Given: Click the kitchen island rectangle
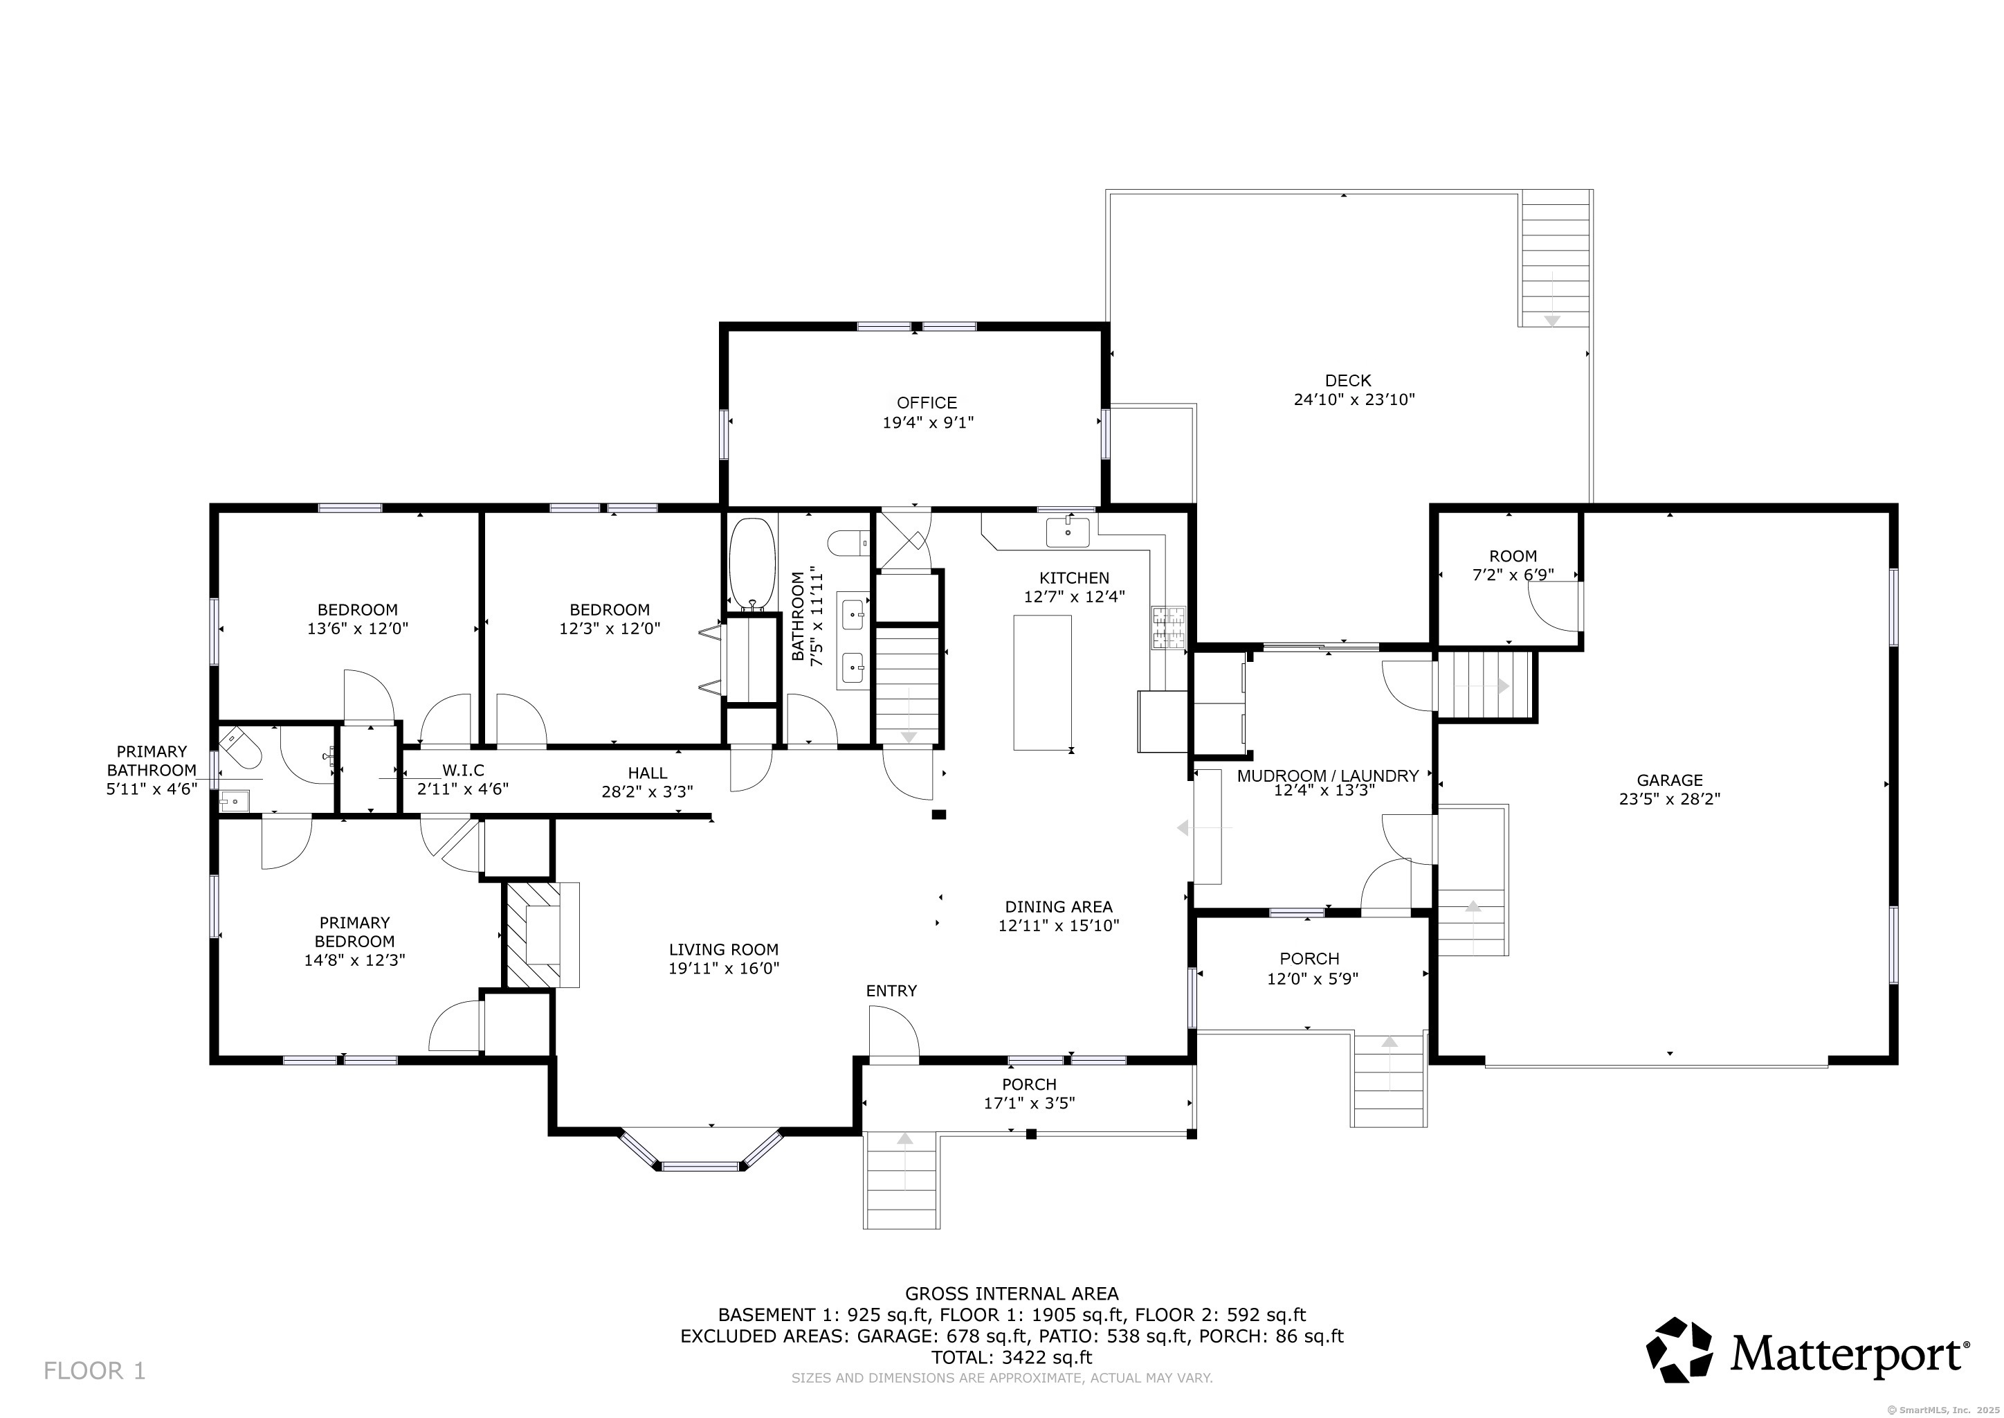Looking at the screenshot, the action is (1042, 682).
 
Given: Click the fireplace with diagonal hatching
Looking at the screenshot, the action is (542, 935).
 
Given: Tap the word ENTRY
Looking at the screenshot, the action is (891, 991).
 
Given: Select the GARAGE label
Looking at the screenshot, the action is (1670, 780).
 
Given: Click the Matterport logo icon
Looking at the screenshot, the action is (1679, 1350).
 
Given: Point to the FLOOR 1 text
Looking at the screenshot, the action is (94, 1371).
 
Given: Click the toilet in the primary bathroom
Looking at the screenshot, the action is (239, 748).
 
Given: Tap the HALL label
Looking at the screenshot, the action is (647, 773).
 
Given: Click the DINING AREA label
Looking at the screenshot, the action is (1059, 906).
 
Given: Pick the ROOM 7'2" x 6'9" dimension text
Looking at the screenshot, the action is (1513, 575).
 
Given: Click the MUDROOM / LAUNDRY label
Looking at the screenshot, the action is (1327, 775).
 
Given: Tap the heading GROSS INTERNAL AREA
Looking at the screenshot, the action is (1012, 1294).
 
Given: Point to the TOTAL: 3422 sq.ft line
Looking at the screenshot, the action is (1012, 1357).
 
